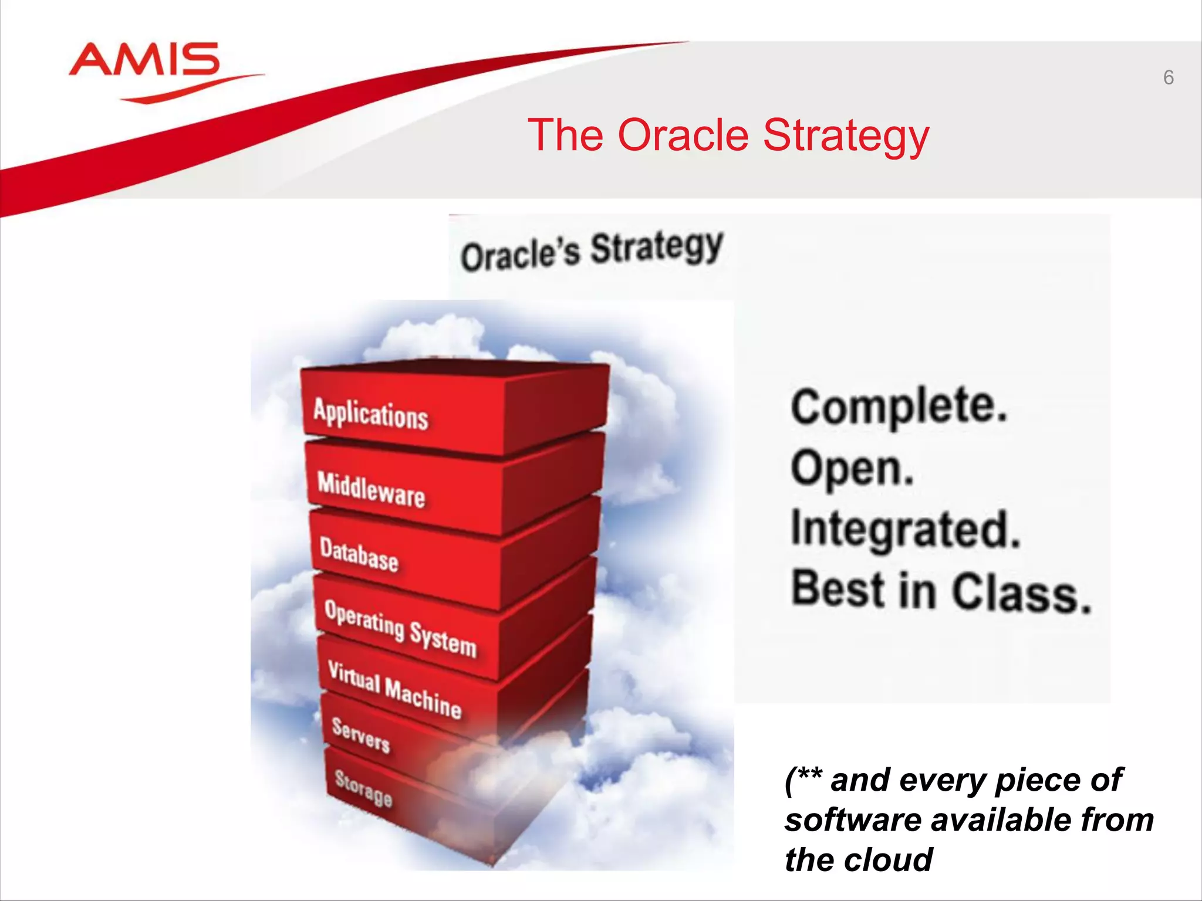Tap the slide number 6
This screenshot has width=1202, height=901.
1168,77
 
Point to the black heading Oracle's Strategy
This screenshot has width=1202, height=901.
592,251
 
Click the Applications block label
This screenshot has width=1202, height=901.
370,414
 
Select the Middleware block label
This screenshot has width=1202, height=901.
371,489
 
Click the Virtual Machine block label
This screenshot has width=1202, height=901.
394,689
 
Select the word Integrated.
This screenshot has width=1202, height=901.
906,530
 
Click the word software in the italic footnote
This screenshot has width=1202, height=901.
853,819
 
